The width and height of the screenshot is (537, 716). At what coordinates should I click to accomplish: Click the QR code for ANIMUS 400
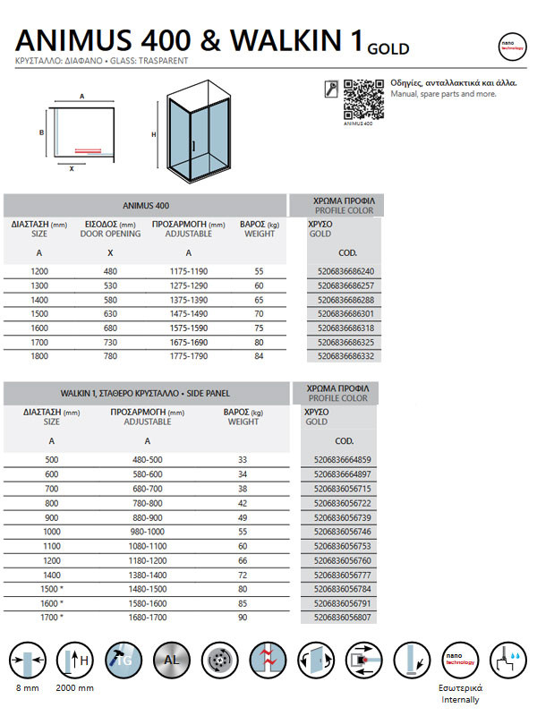point(362,98)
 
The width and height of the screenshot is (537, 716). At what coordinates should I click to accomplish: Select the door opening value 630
point(109,314)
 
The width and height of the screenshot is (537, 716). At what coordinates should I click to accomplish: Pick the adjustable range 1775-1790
point(188,357)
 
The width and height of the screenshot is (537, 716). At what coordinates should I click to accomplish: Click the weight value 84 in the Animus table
point(260,357)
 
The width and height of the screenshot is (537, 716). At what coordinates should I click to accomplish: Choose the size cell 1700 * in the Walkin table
point(52,618)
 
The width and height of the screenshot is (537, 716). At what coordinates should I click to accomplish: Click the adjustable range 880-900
point(147,517)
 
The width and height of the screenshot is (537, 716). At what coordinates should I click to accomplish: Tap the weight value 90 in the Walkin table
point(242,618)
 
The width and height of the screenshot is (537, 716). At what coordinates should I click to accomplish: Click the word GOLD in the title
point(388,48)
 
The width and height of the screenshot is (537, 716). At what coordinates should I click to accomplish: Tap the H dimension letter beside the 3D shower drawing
point(154,135)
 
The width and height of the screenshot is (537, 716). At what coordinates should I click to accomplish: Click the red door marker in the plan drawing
point(87,150)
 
